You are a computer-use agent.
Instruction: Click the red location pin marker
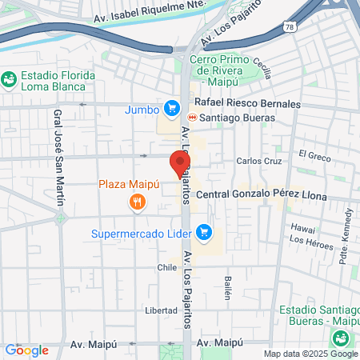177,162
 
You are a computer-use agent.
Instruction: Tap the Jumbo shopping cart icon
171,107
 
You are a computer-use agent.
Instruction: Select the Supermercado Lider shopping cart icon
204,232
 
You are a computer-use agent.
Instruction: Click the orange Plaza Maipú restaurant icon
138,202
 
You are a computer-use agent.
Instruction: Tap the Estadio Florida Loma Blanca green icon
9,79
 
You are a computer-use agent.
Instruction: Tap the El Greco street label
314,154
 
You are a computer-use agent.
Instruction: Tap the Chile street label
166,268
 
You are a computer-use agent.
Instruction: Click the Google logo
26,350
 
